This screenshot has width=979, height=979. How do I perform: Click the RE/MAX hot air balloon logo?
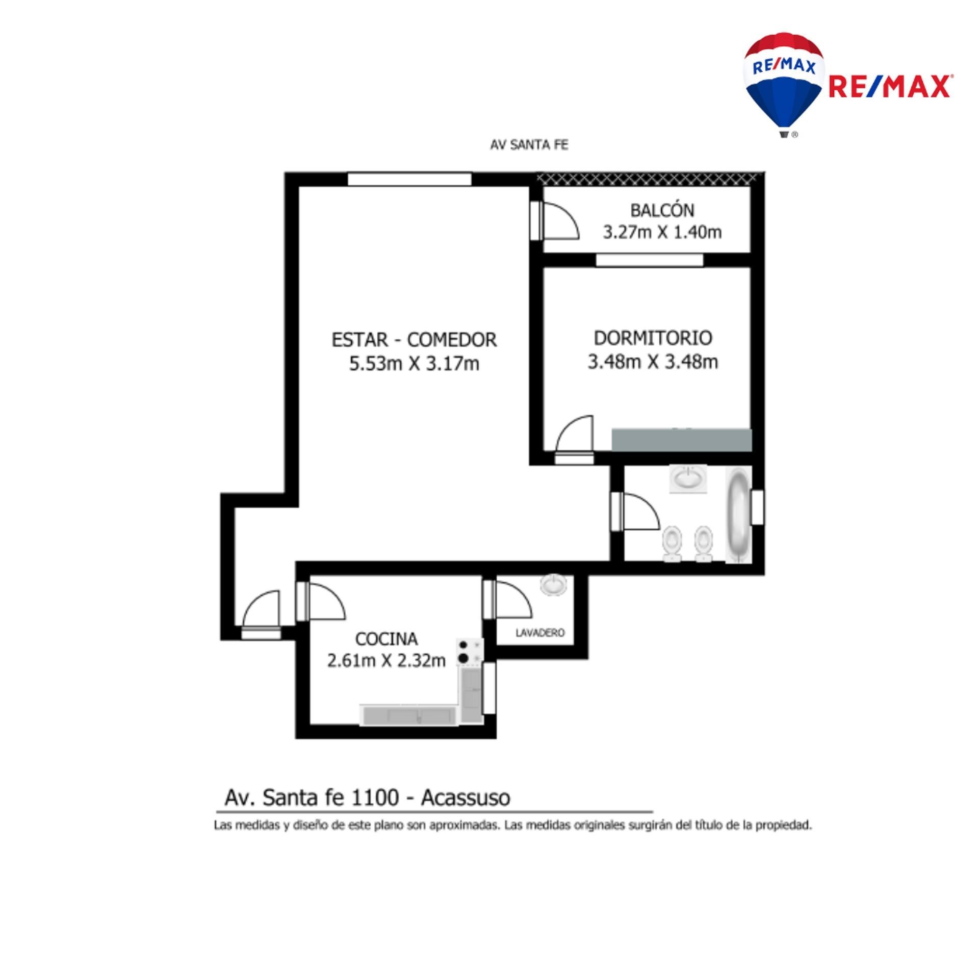pyautogui.click(x=784, y=85)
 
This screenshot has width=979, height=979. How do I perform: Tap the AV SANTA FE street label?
pyautogui.click(x=529, y=145)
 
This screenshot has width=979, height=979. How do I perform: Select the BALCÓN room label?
pyautogui.click(x=662, y=210)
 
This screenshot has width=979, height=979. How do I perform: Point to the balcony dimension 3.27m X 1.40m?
pyautogui.click(x=662, y=233)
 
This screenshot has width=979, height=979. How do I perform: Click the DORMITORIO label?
pyautogui.click(x=653, y=338)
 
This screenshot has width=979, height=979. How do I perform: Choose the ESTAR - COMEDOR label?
pyautogui.click(x=414, y=340)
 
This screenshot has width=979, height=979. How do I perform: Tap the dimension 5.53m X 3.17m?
pyautogui.click(x=414, y=364)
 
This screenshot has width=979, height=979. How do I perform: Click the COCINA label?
pyautogui.click(x=386, y=638)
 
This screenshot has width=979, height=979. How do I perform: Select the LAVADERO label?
pyautogui.click(x=540, y=633)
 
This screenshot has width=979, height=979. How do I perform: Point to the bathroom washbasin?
pyautogui.click(x=688, y=479)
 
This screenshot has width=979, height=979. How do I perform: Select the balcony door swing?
pyautogui.click(x=560, y=220)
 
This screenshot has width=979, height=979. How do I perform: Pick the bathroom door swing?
pyautogui.click(x=641, y=511)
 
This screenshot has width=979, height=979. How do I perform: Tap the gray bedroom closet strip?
pyautogui.click(x=682, y=440)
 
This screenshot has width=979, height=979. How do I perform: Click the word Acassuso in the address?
pyautogui.click(x=466, y=798)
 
